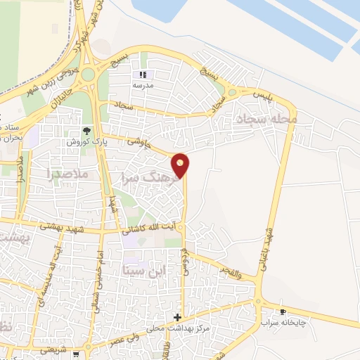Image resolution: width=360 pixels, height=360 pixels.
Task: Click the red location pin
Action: [181, 165]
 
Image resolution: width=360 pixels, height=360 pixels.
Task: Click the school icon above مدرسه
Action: [142, 75]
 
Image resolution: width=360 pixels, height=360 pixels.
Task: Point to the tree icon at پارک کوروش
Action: [86, 131]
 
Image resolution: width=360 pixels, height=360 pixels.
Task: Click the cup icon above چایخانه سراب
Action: [283, 311]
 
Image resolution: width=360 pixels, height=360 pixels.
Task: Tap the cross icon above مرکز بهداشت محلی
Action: [177, 317]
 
